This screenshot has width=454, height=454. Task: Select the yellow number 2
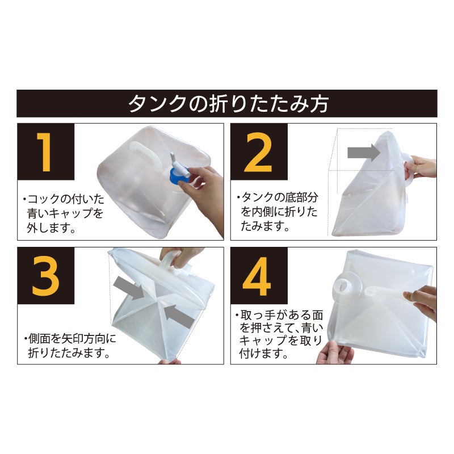click(x=258, y=152)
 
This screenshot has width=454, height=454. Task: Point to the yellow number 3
click(x=45, y=276)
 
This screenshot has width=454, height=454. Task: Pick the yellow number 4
click(x=257, y=276)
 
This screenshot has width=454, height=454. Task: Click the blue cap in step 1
click(x=178, y=176)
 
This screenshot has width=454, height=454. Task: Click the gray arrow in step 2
click(x=364, y=152)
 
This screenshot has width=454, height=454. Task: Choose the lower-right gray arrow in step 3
click(x=179, y=316)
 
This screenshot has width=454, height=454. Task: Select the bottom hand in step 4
click(x=334, y=352)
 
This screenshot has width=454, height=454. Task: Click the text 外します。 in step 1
click(x=52, y=228)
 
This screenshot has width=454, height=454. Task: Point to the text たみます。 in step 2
click(x=265, y=225)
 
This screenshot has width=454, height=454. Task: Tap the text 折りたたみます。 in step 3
click(x=69, y=352)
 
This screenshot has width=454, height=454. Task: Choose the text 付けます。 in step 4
click(x=263, y=353)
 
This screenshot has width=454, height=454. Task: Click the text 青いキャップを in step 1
click(x=65, y=213)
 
